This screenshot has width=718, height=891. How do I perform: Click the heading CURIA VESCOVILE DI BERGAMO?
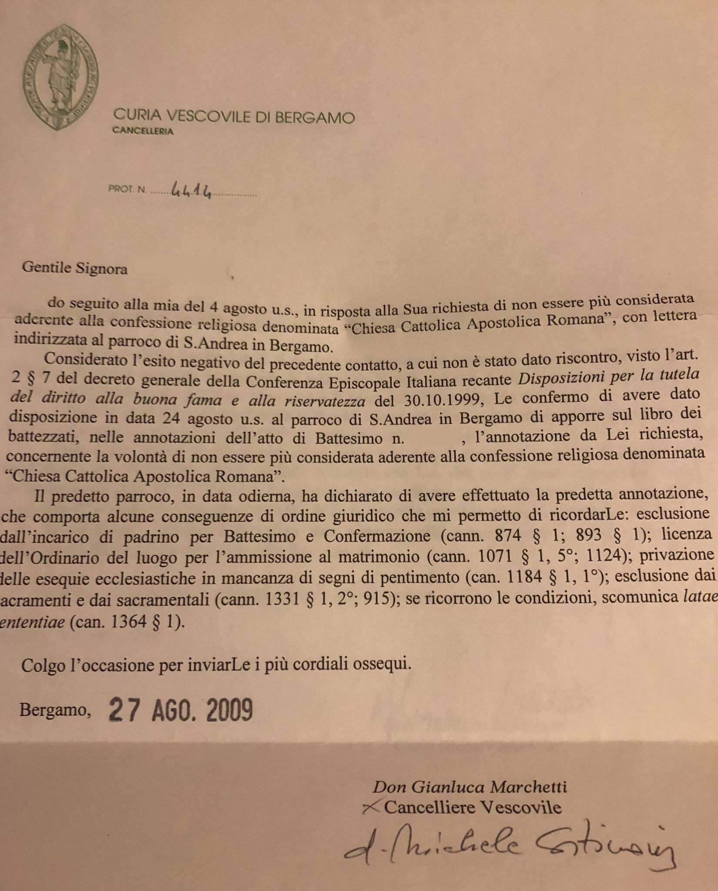(234, 117)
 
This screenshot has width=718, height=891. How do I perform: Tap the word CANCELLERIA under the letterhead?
(143, 131)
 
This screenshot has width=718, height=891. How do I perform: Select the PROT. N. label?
(127, 190)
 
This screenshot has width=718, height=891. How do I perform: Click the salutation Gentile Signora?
(75, 268)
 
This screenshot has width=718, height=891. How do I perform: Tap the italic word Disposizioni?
(560, 379)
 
